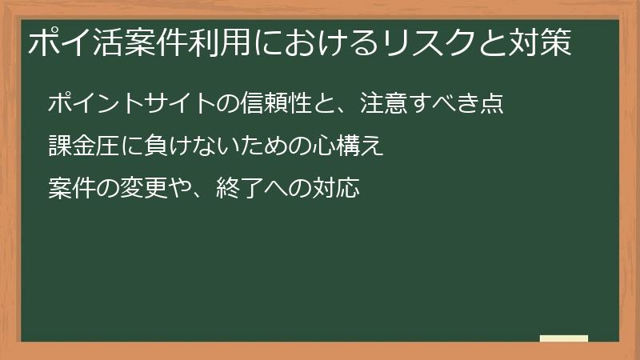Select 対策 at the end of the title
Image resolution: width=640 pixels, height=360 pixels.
pyautogui.click(x=543, y=43)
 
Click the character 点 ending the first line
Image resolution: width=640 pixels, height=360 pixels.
pyautogui.click(x=491, y=104)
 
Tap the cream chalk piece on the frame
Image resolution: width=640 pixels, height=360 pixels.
pyautogui.click(x=564, y=338)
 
